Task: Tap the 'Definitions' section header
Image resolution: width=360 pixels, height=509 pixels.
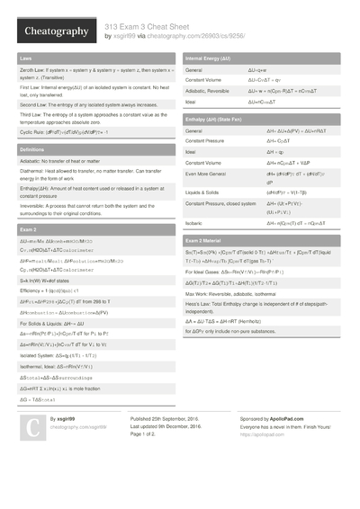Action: [32, 149]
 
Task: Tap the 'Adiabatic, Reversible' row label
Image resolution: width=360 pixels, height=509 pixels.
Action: [206, 92]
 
